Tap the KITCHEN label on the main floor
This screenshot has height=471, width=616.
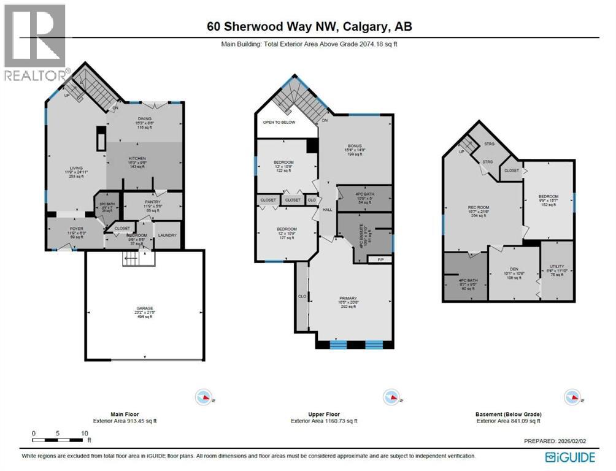pos(137,158)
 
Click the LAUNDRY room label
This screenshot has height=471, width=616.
pos(167,235)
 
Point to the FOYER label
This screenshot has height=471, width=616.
pos(76,228)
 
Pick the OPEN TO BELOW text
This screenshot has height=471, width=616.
pos(279,122)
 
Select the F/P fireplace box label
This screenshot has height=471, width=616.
pos(379,260)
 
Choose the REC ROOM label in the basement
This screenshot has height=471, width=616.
pos(477,208)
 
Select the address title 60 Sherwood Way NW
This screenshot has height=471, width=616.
pos(308,26)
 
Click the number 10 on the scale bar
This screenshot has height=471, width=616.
pos(83,432)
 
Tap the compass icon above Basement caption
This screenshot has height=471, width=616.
pos(572,397)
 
